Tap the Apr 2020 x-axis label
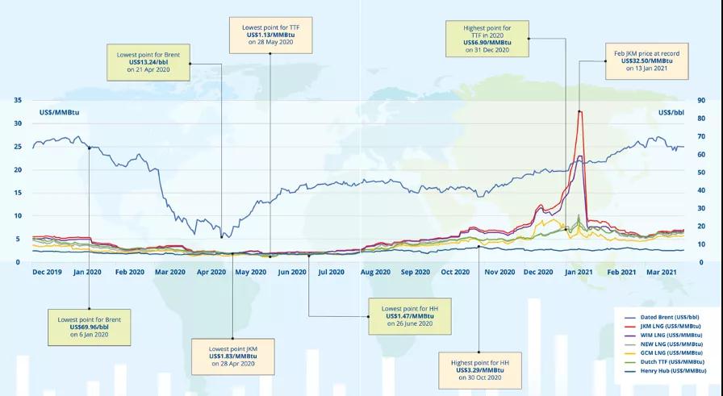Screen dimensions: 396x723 212,273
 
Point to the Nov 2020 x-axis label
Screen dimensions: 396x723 499,273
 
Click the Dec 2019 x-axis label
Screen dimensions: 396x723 47,273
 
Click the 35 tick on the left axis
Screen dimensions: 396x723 18,101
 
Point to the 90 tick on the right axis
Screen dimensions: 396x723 702,101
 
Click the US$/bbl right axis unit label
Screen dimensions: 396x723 671,111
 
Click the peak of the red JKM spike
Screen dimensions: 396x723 579,111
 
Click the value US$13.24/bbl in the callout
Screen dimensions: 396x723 148,63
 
